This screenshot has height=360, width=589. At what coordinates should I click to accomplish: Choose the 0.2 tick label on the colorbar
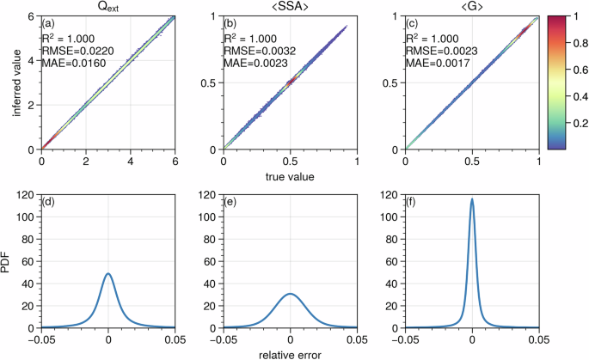point(575,123)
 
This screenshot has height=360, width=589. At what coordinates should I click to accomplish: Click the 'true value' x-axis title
point(291,176)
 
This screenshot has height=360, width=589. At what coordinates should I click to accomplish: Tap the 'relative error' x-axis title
point(291,352)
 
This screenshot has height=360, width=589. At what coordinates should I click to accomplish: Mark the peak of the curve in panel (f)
point(471,199)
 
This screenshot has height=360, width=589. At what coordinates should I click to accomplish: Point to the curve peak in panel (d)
point(107,274)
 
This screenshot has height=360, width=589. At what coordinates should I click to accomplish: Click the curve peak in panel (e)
point(291,294)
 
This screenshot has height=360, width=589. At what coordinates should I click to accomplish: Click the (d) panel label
point(52,203)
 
